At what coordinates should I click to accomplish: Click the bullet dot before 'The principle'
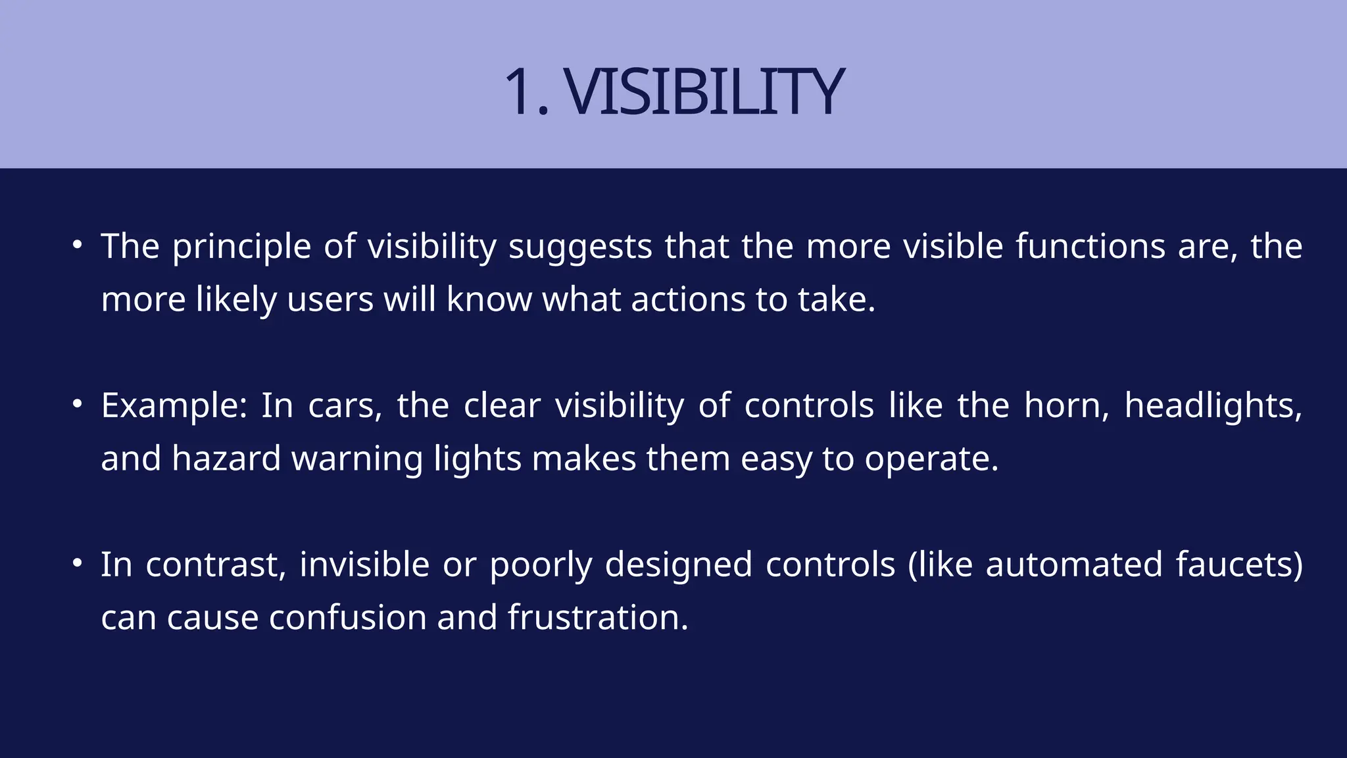pyautogui.click(x=78, y=245)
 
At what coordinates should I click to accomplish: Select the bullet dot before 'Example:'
pyautogui.click(x=78, y=404)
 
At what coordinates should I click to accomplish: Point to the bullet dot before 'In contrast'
pyautogui.click(x=78, y=563)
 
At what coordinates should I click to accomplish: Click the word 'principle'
pyautogui.click(x=241, y=247)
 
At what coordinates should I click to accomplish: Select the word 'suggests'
pyautogui.click(x=580, y=247)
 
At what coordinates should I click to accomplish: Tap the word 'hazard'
pyautogui.click(x=226, y=459)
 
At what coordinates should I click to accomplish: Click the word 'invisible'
pyautogui.click(x=364, y=565)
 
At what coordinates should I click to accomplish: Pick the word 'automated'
pyautogui.click(x=1074, y=565)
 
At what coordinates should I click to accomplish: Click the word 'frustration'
pyautogui.click(x=597, y=618)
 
